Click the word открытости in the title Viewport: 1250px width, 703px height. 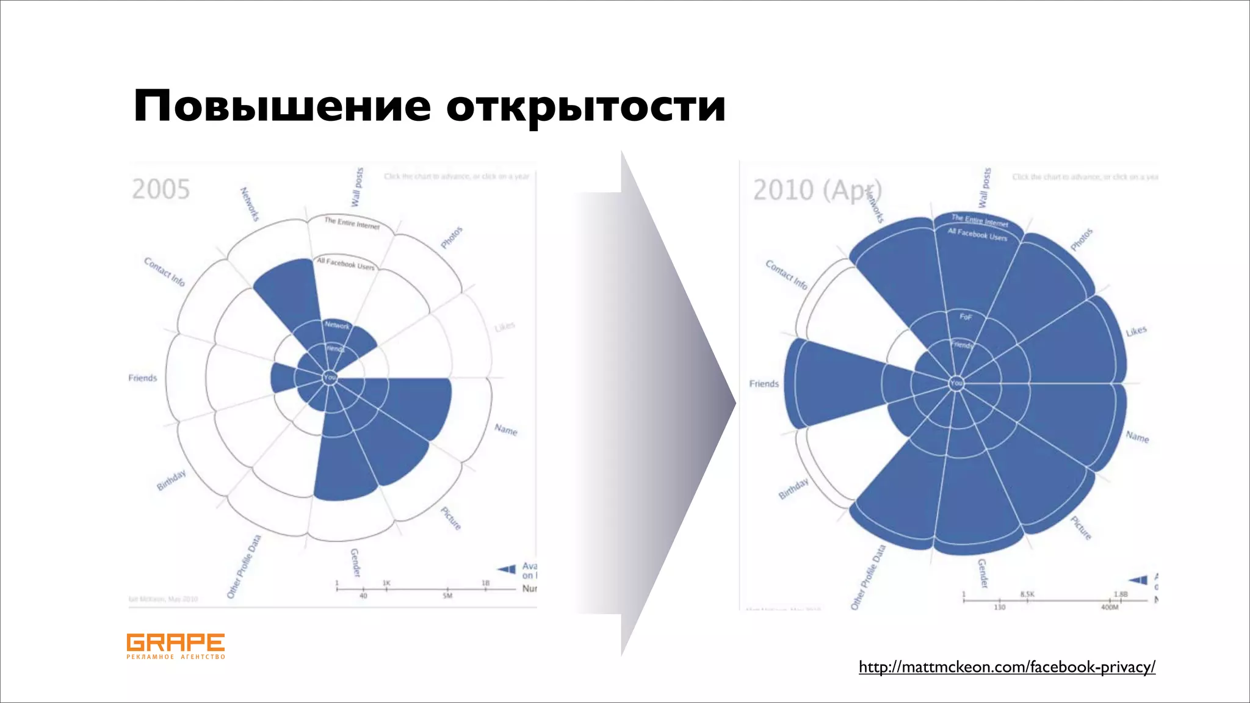click(585, 106)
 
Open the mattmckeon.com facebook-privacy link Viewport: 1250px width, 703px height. click(1007, 667)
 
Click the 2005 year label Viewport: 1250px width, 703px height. click(161, 189)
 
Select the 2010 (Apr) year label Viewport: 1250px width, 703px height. click(817, 190)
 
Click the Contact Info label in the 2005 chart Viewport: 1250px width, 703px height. click(164, 272)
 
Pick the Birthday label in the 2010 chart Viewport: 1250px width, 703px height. click(793, 488)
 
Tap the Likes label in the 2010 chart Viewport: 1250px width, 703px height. click(1136, 331)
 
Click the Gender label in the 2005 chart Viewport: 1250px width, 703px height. click(355, 562)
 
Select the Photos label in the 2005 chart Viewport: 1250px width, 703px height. click(452, 237)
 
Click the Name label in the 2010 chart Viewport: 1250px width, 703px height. click(1137, 437)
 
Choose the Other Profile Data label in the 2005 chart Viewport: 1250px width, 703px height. click(244, 566)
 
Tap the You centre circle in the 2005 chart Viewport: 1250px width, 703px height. click(330, 377)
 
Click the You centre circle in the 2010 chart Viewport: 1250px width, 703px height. click(956, 383)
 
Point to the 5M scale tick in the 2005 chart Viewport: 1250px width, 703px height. click(447, 596)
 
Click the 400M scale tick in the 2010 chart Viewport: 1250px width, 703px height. click(1110, 607)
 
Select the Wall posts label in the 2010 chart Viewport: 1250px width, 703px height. click(984, 187)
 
